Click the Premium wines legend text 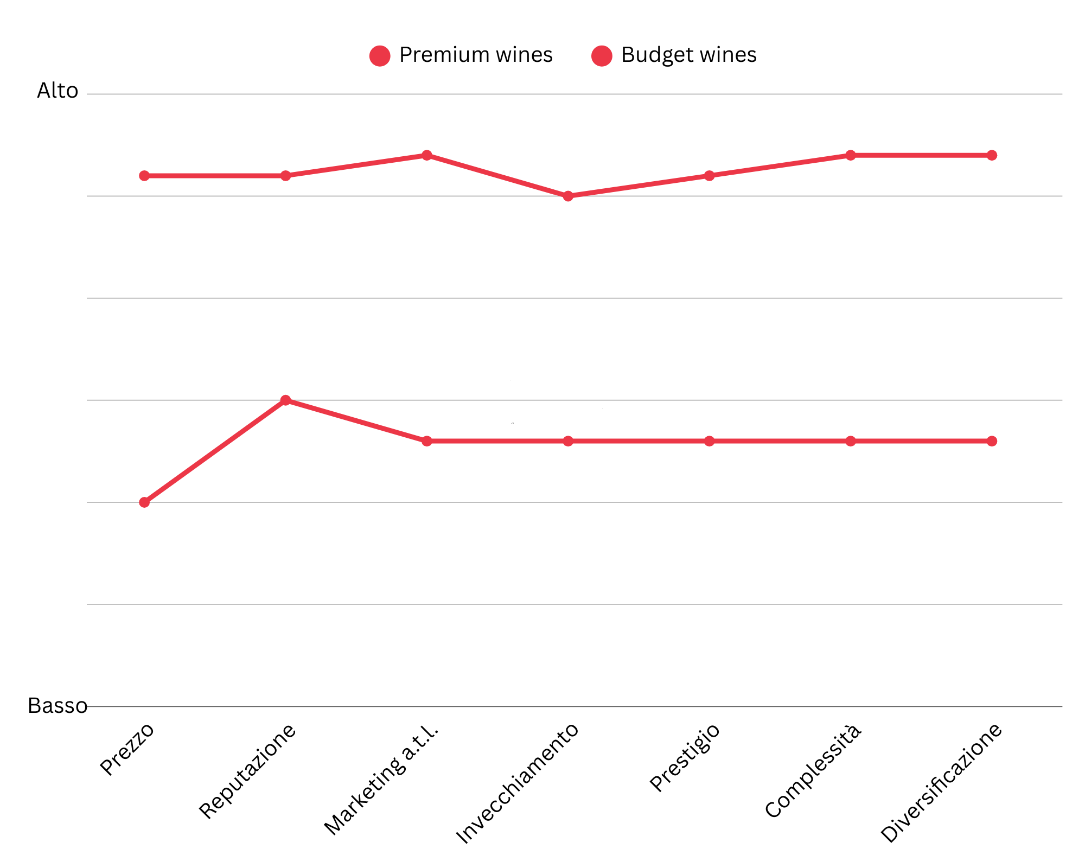click(x=476, y=55)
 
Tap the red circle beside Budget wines click(x=602, y=55)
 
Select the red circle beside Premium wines click(x=380, y=55)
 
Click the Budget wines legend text click(x=688, y=55)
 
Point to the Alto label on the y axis click(x=58, y=91)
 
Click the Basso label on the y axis click(x=58, y=706)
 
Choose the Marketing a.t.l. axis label click(x=381, y=780)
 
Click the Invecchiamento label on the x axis click(x=518, y=784)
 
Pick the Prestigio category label click(x=685, y=757)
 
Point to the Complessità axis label click(x=813, y=771)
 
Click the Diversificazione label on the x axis click(x=941, y=783)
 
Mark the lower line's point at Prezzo click(x=144, y=502)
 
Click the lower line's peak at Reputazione click(x=286, y=400)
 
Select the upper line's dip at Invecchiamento click(x=568, y=196)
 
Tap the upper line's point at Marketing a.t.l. click(x=427, y=155)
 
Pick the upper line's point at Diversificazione click(x=992, y=155)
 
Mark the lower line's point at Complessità click(x=851, y=441)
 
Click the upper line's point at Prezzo click(x=144, y=176)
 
